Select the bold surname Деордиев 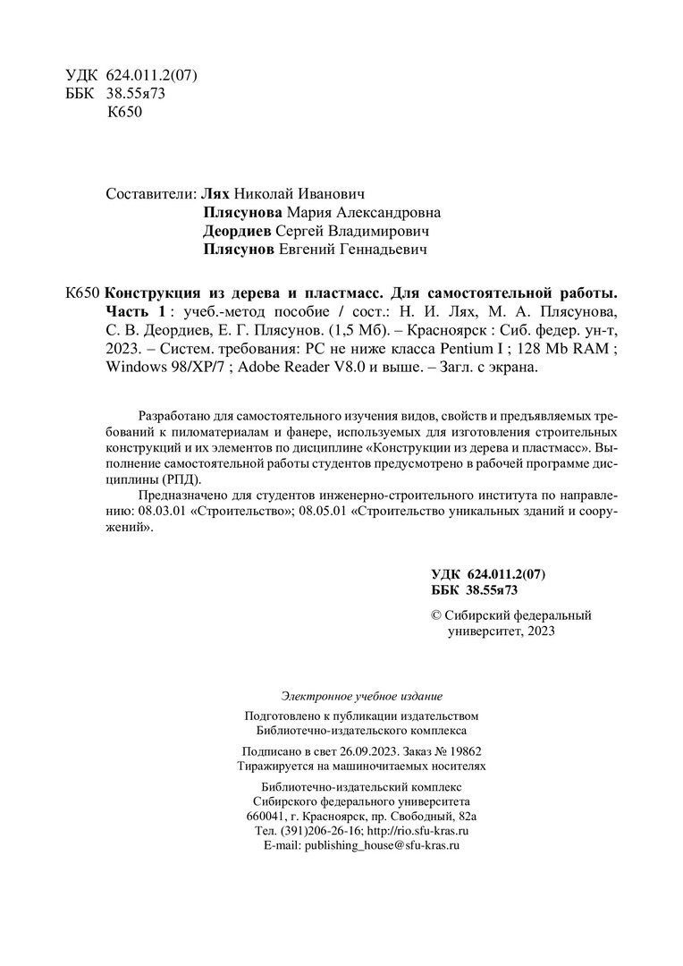click(238, 232)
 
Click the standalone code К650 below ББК click(124, 114)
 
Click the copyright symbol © click(437, 615)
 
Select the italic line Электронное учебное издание click(361, 695)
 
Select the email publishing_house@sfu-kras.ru click(382, 845)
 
